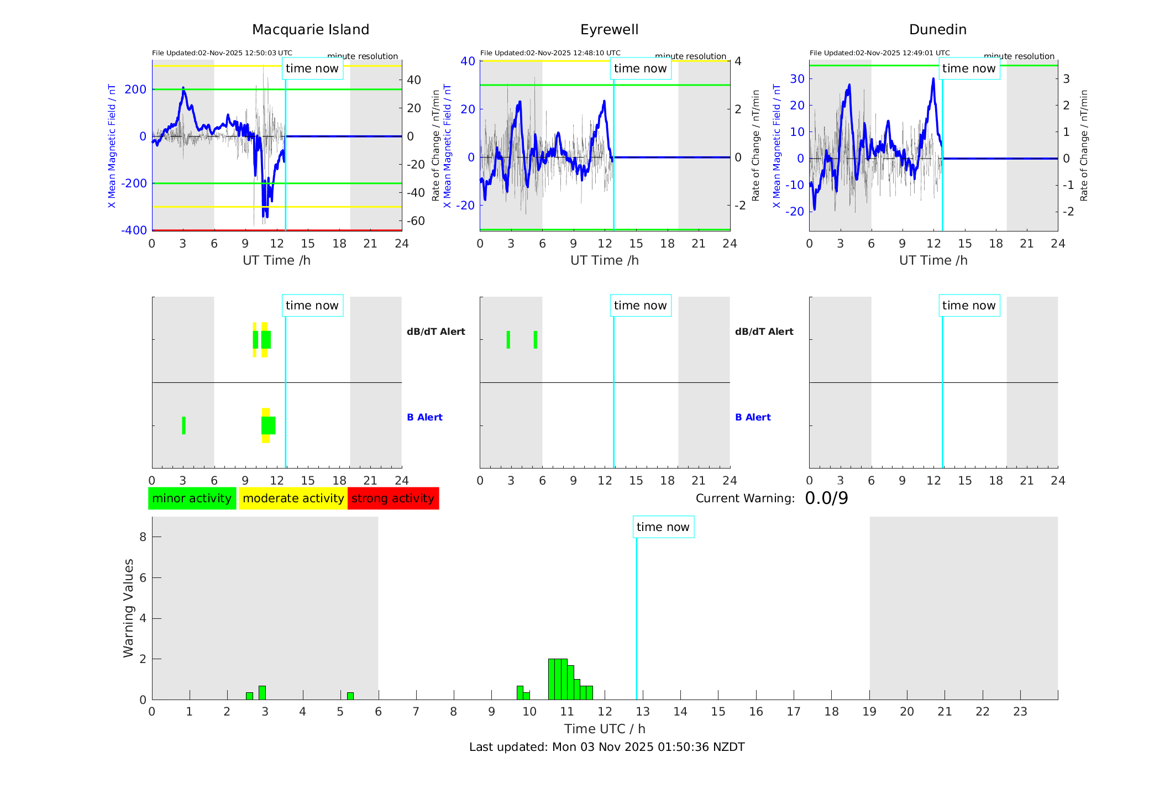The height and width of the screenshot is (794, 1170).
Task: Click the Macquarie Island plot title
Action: click(311, 30)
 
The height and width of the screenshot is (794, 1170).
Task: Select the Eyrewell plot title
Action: click(609, 30)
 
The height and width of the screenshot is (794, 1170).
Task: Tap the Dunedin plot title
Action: click(937, 30)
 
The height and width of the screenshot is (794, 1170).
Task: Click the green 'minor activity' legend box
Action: click(192, 498)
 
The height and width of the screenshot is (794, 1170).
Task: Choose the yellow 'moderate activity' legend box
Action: click(293, 498)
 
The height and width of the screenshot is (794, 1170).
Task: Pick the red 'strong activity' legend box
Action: click(393, 498)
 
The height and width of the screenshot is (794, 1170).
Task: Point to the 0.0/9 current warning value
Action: click(826, 498)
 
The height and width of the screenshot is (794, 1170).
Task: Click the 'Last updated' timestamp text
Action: click(607, 747)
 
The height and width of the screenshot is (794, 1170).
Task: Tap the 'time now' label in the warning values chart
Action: click(663, 527)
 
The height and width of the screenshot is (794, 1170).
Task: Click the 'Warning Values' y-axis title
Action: click(129, 608)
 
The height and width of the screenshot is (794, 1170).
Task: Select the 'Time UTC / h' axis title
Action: click(605, 729)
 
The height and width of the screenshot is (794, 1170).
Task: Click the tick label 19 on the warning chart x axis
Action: click(869, 712)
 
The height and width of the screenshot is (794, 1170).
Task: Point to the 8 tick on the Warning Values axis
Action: click(143, 537)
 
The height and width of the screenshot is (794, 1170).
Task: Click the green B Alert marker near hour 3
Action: click(183, 425)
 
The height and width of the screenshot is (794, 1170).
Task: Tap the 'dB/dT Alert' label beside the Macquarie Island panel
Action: click(436, 332)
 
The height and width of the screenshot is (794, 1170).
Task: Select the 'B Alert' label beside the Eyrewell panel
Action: click(753, 417)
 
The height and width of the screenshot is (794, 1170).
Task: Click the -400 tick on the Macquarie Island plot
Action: click(134, 230)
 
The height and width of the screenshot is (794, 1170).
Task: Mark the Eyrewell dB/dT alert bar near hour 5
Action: click(535, 340)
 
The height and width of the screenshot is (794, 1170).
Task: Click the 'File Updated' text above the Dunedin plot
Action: click(879, 53)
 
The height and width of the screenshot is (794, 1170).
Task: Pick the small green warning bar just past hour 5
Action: click(350, 696)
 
